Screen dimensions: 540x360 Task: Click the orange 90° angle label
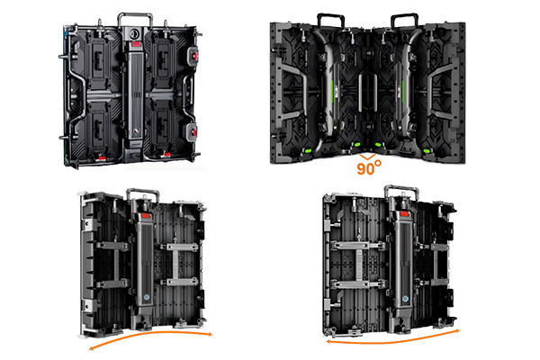pos(369,167)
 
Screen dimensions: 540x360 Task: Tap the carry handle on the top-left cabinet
pos(135,14)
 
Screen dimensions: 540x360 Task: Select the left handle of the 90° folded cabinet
pos(330,15)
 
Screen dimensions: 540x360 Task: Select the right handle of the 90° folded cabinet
pos(404,15)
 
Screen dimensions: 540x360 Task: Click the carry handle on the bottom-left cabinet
pos(143,191)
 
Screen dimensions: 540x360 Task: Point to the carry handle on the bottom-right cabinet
pos(401,188)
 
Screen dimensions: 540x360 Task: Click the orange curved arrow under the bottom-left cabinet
pos(150,334)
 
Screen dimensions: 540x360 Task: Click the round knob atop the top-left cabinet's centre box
pos(133,34)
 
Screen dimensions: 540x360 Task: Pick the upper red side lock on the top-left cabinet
pos(194,56)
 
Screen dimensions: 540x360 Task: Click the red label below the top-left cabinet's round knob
pos(137,44)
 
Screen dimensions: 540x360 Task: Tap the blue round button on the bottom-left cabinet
pos(147,297)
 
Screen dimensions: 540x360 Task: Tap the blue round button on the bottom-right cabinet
pos(405,299)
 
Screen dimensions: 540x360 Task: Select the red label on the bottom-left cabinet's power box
pos(146,216)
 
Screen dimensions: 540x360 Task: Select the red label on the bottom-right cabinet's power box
pos(404,214)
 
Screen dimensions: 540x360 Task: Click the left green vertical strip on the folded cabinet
pos(333,91)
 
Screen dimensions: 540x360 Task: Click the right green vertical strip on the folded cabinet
pos(402,91)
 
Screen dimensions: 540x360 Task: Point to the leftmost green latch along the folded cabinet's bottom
pos(308,150)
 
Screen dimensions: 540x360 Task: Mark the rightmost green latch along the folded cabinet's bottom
pos(427,150)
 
